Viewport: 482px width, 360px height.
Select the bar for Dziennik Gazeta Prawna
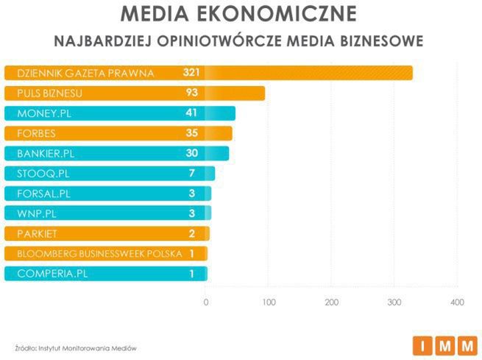(309, 73)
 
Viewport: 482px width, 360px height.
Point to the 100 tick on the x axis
(269, 302)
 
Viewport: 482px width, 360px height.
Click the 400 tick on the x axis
(457, 302)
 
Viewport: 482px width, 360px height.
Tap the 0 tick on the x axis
(206, 302)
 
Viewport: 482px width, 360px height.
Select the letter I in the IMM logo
(423, 345)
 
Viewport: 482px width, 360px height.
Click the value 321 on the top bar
(191, 73)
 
